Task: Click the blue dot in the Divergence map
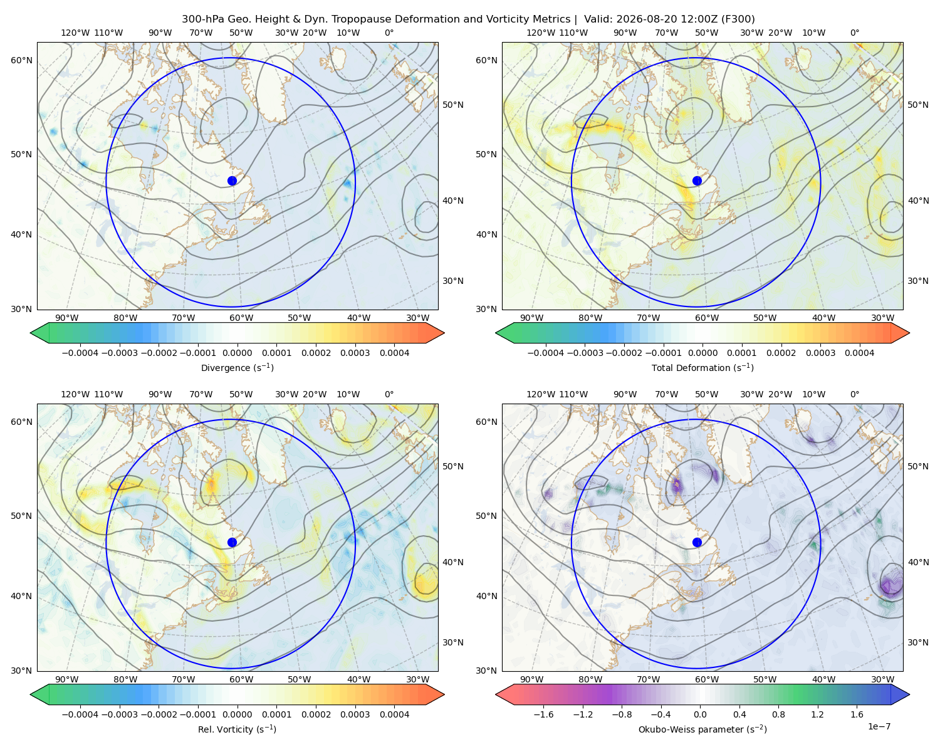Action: (x=232, y=181)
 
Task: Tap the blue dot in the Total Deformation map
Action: (x=697, y=181)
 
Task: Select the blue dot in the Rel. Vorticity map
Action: (x=232, y=542)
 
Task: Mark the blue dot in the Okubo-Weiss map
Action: (x=697, y=542)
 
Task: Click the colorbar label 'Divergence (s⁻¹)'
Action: (x=237, y=368)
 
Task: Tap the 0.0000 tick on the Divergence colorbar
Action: (x=237, y=353)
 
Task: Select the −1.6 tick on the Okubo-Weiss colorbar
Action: (x=543, y=714)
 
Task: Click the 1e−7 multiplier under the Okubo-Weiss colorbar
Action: (x=879, y=726)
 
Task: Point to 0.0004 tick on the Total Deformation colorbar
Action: (x=859, y=353)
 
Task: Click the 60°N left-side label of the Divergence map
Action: (x=21, y=60)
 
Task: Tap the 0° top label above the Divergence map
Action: (x=389, y=33)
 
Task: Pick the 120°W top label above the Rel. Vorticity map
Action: (x=75, y=394)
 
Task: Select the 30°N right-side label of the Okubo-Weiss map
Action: (x=918, y=642)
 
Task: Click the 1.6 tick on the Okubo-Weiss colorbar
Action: (x=857, y=714)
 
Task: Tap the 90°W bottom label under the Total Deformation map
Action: (x=531, y=318)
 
